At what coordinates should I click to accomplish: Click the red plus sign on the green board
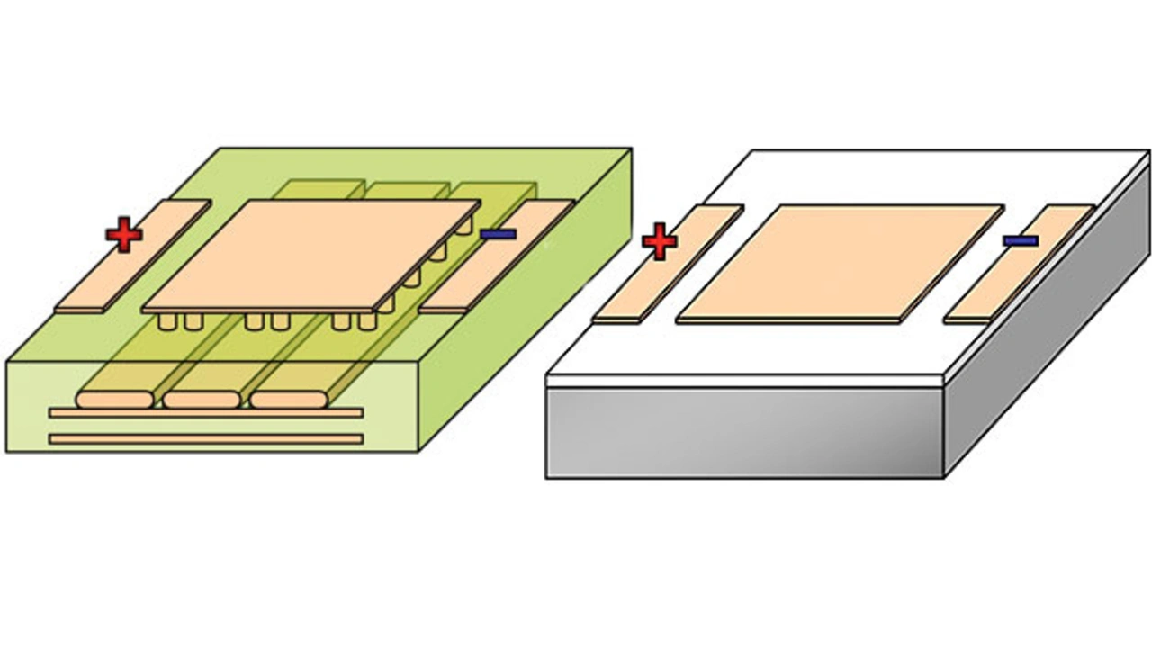click(124, 235)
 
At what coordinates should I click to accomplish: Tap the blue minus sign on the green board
click(498, 234)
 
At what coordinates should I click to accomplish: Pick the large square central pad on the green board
click(310, 255)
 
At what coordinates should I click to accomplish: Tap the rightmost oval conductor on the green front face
click(289, 399)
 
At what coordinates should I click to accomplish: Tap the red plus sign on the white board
click(660, 242)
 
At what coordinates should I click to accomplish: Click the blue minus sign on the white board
click(1021, 240)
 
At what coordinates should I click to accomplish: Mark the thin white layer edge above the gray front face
click(743, 381)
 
